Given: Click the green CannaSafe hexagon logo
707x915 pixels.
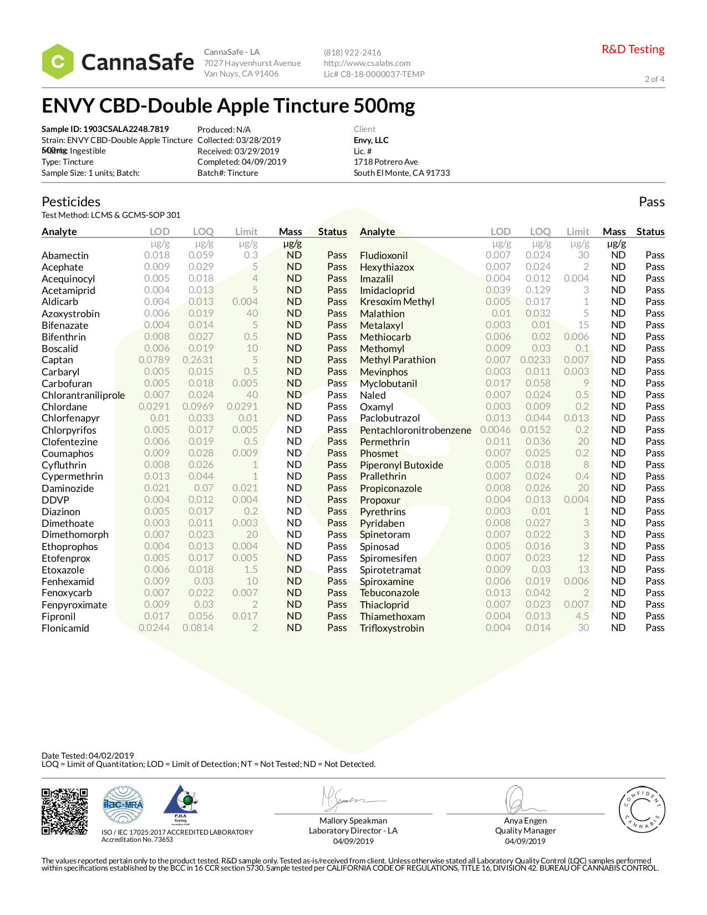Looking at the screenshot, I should tap(58, 62).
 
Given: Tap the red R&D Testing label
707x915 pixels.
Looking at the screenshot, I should tap(633, 49).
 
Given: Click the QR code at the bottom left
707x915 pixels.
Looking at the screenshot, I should tap(64, 811).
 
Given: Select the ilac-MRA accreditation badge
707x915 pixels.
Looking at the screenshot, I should tap(123, 805).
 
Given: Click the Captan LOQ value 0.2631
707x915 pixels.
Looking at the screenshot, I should tap(197, 360).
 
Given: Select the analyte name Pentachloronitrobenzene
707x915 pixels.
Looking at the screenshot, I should tap(415, 430).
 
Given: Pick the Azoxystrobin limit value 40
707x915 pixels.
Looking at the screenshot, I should tap(252, 313).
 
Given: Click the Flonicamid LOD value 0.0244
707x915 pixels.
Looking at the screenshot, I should tap(154, 628).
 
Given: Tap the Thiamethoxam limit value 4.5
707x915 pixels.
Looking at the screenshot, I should tap(582, 616).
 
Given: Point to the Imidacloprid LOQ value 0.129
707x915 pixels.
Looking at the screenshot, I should tap(537, 290).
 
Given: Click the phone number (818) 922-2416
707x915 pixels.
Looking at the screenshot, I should tap(352, 53).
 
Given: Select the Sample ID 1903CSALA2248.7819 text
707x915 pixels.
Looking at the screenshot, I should tap(105, 129).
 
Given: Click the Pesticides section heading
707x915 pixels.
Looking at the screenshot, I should tap(71, 202).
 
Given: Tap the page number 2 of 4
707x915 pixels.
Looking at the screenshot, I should tap(654, 79).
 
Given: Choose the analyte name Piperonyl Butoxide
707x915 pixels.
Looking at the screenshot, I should tap(401, 465).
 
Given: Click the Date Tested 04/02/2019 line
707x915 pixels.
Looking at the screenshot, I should tap(88, 755).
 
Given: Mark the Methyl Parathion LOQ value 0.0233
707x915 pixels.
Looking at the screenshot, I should tap(535, 360).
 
